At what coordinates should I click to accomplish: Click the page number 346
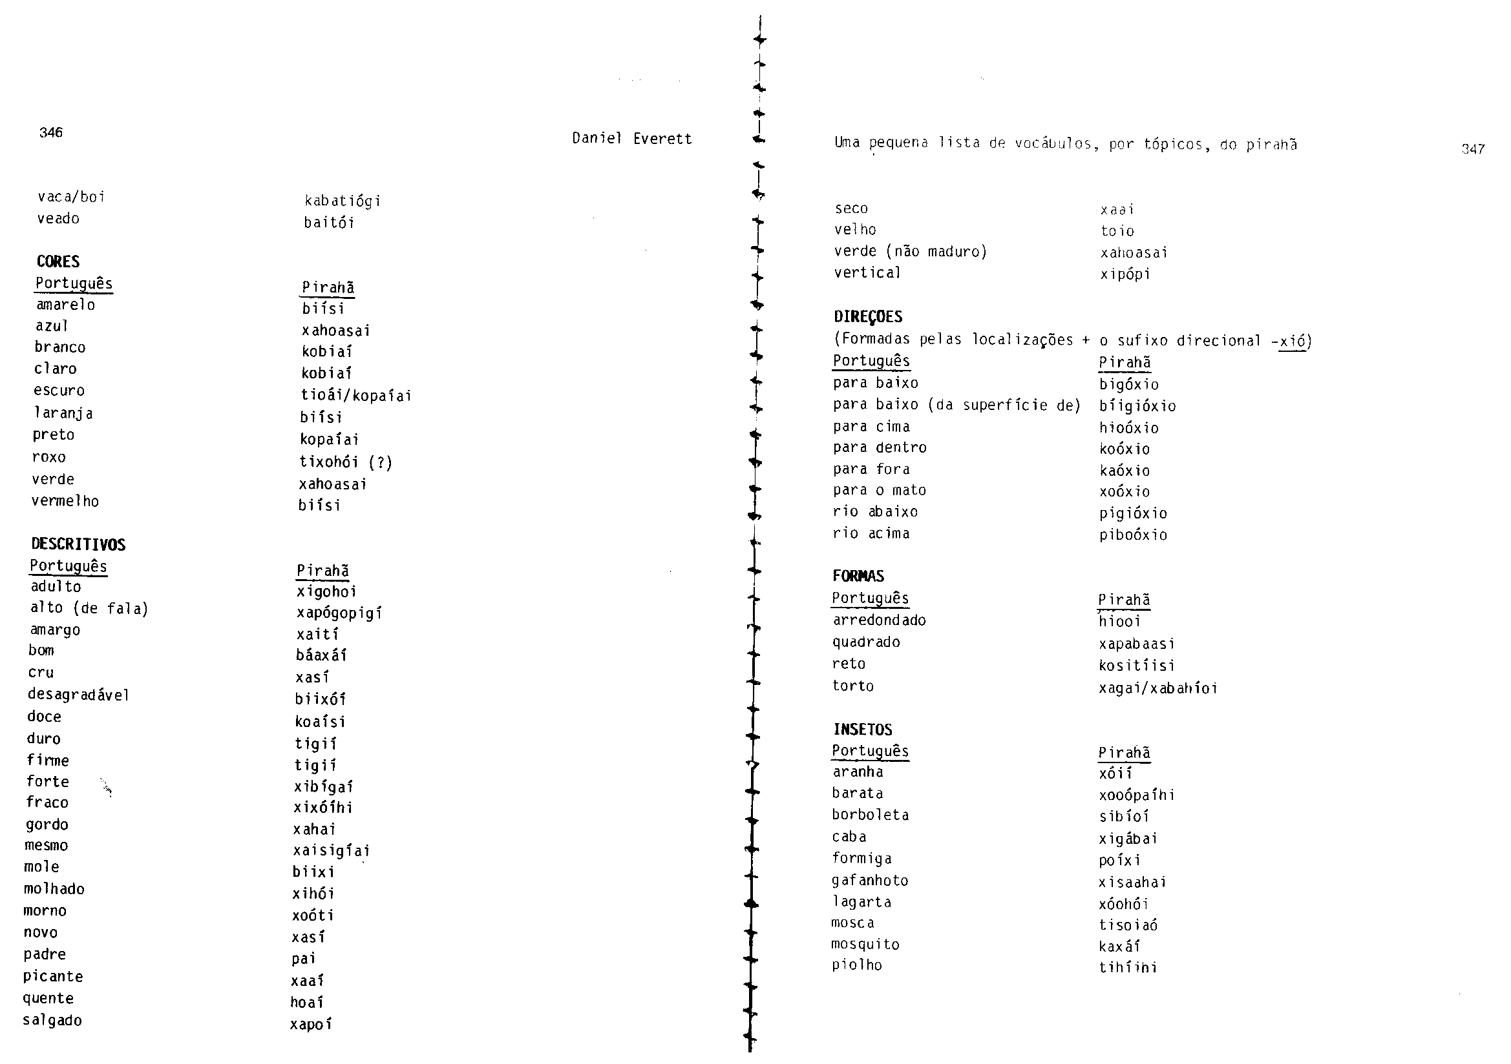[x=50, y=132]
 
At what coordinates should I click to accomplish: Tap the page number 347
[x=1473, y=149]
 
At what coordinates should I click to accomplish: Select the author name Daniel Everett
[x=632, y=139]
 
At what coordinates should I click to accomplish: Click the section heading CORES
[x=58, y=261]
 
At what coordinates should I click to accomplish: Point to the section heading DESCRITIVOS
[x=78, y=544]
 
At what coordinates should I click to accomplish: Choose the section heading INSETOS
[x=862, y=730]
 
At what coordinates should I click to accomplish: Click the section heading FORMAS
[x=858, y=576]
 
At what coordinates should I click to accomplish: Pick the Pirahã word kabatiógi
[x=343, y=201]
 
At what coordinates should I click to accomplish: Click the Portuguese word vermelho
[x=65, y=501]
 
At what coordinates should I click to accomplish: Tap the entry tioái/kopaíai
[x=356, y=395]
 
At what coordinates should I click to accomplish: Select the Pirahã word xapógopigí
[x=339, y=613]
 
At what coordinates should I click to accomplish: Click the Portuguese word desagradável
[x=78, y=695]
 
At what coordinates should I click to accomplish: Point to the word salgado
[x=52, y=1021]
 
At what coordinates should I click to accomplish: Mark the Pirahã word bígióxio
[x=1137, y=405]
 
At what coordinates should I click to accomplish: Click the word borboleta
[x=870, y=815]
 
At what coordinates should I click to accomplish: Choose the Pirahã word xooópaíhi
[x=1137, y=795]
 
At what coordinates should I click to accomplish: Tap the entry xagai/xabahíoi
[x=1157, y=688]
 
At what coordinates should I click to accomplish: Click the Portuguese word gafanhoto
[x=869, y=881]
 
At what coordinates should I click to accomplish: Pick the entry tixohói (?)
[x=346, y=462]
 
